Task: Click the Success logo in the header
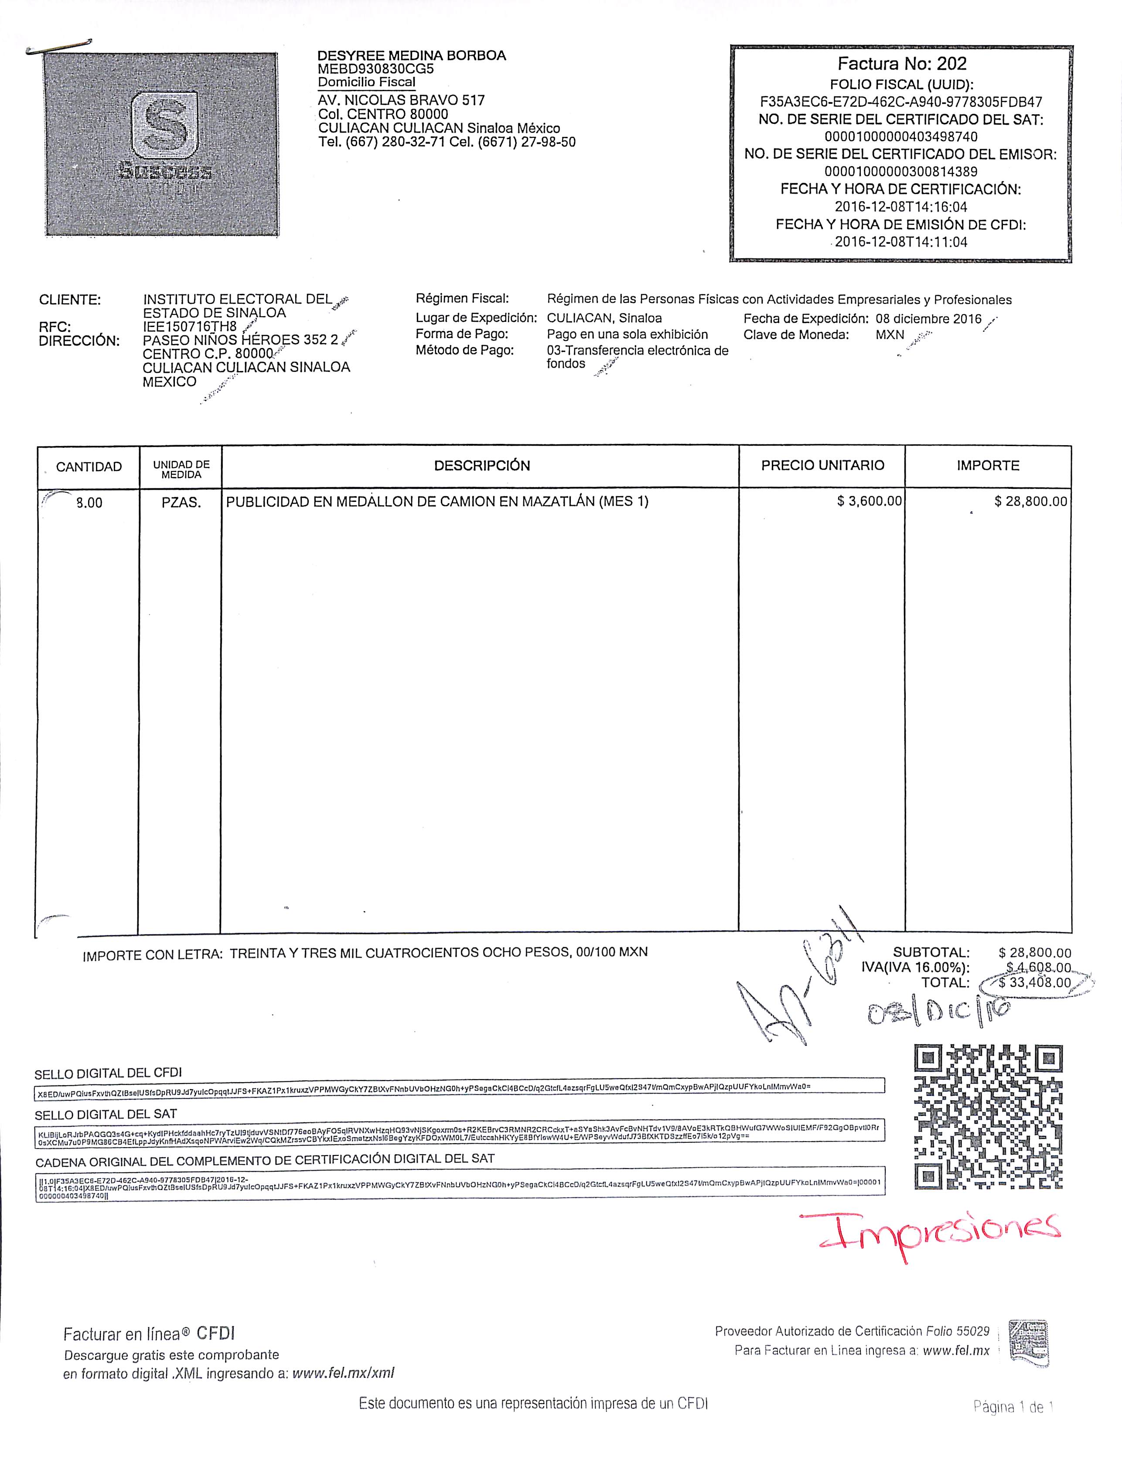tap(160, 144)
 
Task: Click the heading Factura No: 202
tap(902, 64)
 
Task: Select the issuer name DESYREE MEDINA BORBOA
tap(411, 55)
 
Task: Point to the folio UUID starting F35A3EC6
tap(901, 102)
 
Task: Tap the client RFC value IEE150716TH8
tap(190, 327)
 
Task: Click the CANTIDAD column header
tap(89, 467)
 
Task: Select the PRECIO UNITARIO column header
tap(822, 465)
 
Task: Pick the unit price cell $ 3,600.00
tap(869, 501)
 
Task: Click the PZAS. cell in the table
tap(181, 503)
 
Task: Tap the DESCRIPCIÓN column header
tap(481, 465)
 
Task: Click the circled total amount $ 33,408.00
tap(1034, 982)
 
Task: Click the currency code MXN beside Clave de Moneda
tap(890, 334)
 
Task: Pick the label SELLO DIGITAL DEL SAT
tap(106, 1115)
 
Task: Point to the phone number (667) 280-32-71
tap(396, 142)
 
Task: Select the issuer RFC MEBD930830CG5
tap(375, 69)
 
